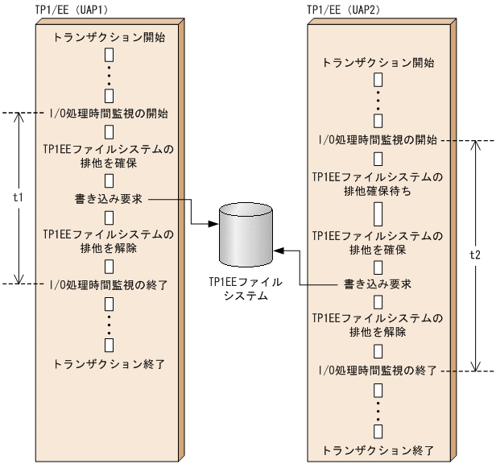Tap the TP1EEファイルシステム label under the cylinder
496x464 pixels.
246,290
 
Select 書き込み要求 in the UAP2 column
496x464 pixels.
377,284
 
